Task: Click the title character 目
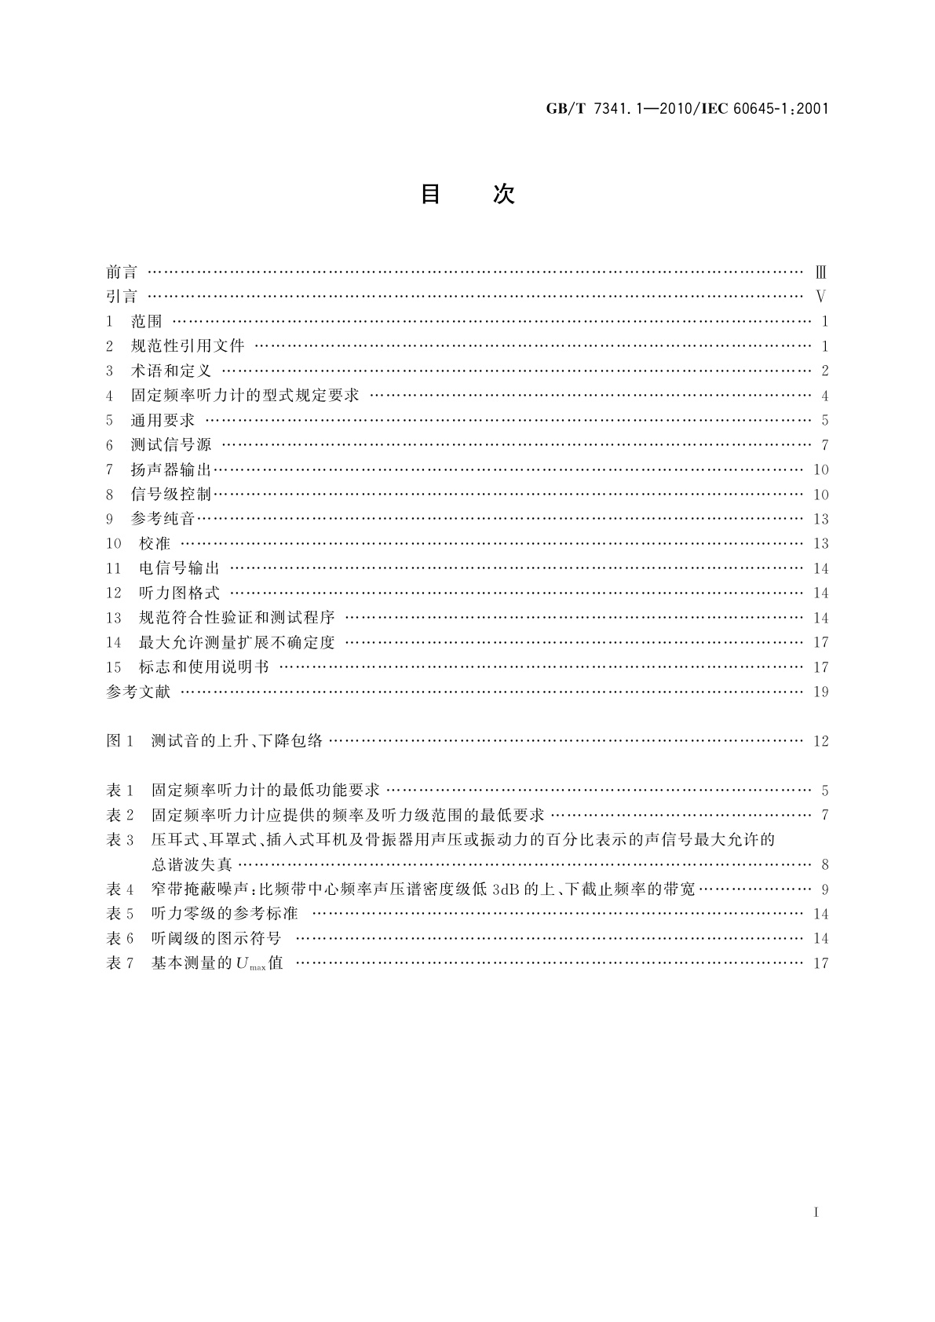[430, 194]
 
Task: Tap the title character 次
[503, 194]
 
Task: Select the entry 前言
[122, 272]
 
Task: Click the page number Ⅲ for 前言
[821, 273]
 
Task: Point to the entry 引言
[122, 297]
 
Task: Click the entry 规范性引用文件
[188, 346]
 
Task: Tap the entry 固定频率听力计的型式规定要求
[244, 396]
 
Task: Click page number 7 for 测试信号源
[825, 445]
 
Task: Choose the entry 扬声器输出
[171, 469]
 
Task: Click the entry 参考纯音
[163, 519]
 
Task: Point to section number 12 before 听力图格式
[114, 593]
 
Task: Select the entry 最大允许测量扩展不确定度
[237, 642]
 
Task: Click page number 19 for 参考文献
[821, 692]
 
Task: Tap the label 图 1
[121, 740]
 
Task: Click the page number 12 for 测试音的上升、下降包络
[821, 741]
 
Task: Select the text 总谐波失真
[192, 864]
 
